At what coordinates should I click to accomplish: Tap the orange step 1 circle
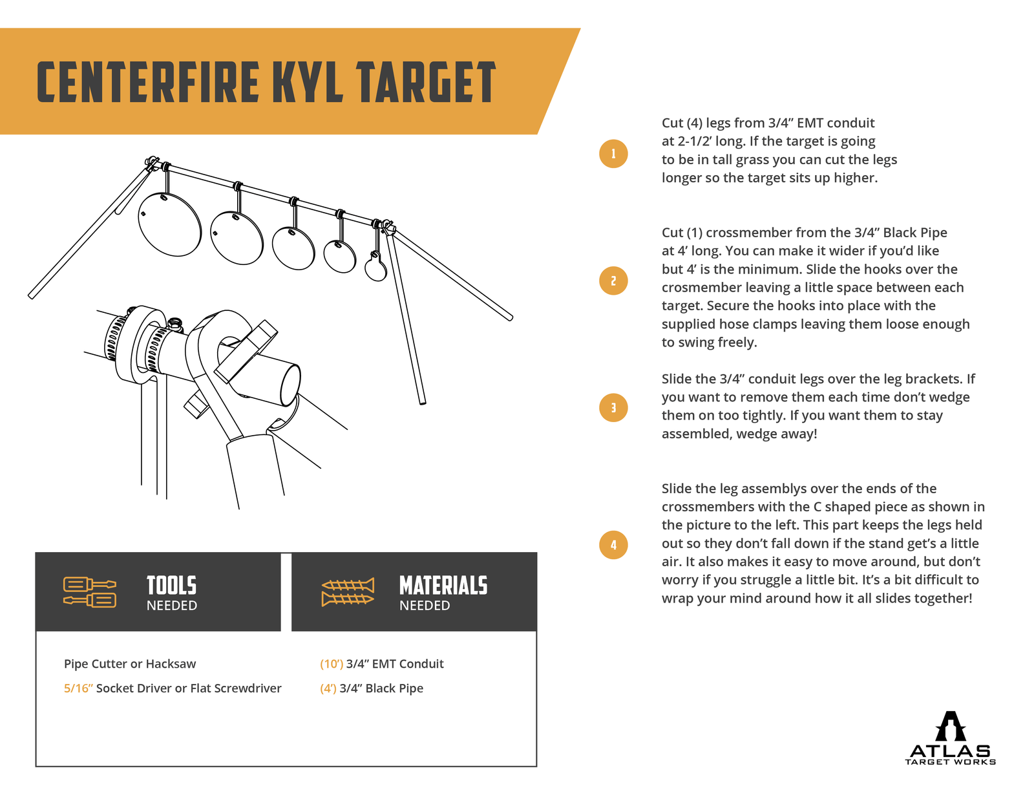[613, 154]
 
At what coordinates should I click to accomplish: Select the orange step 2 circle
[613, 281]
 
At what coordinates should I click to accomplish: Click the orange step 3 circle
[613, 407]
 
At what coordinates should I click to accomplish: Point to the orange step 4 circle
[613, 544]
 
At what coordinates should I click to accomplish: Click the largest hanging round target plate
[169, 224]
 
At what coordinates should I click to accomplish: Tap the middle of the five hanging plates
[293, 248]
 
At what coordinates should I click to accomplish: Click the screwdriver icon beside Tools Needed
[90, 591]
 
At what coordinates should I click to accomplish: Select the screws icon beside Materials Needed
[348, 591]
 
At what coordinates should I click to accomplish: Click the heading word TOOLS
[171, 586]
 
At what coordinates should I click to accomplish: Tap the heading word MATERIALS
[443, 586]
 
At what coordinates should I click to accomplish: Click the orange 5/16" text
[78, 688]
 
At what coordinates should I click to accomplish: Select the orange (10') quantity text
[332, 664]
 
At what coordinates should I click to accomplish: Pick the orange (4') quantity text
[328, 688]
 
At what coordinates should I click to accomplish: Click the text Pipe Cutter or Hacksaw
[130, 664]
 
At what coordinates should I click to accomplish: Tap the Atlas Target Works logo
[950, 738]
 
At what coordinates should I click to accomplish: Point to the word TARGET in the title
[426, 82]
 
